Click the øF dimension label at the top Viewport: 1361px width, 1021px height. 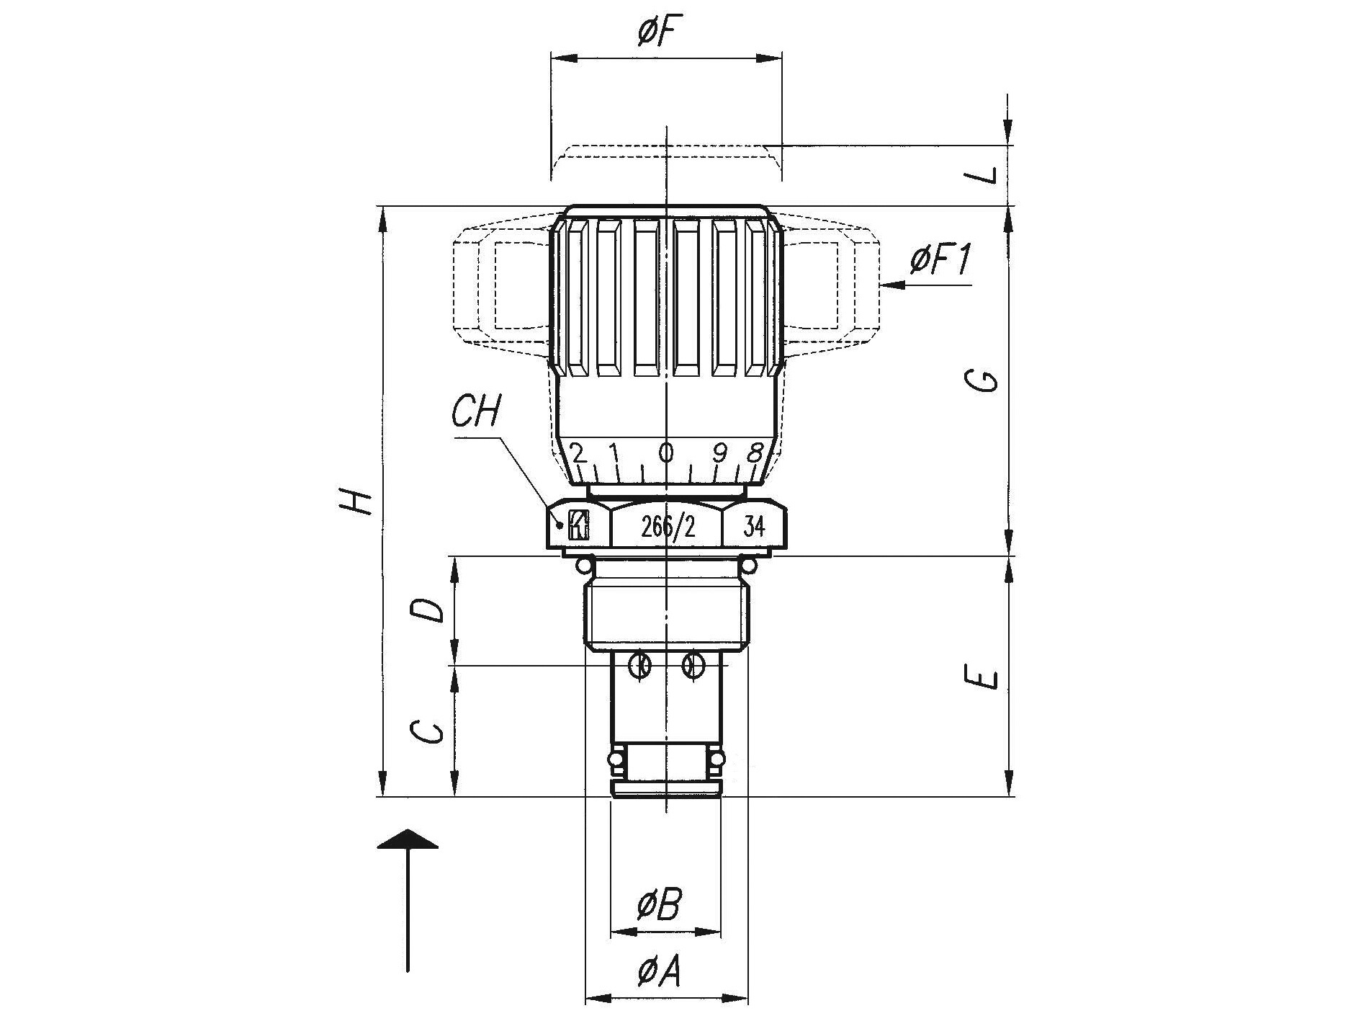[660, 31]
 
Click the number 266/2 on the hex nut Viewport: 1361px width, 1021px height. [668, 528]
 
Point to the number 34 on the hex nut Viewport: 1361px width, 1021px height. [753, 527]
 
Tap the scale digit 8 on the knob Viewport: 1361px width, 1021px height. [755, 452]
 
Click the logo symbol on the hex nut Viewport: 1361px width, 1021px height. [578, 525]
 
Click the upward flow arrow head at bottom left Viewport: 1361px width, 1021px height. [408, 839]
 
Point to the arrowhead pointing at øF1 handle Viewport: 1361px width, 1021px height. [892, 285]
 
